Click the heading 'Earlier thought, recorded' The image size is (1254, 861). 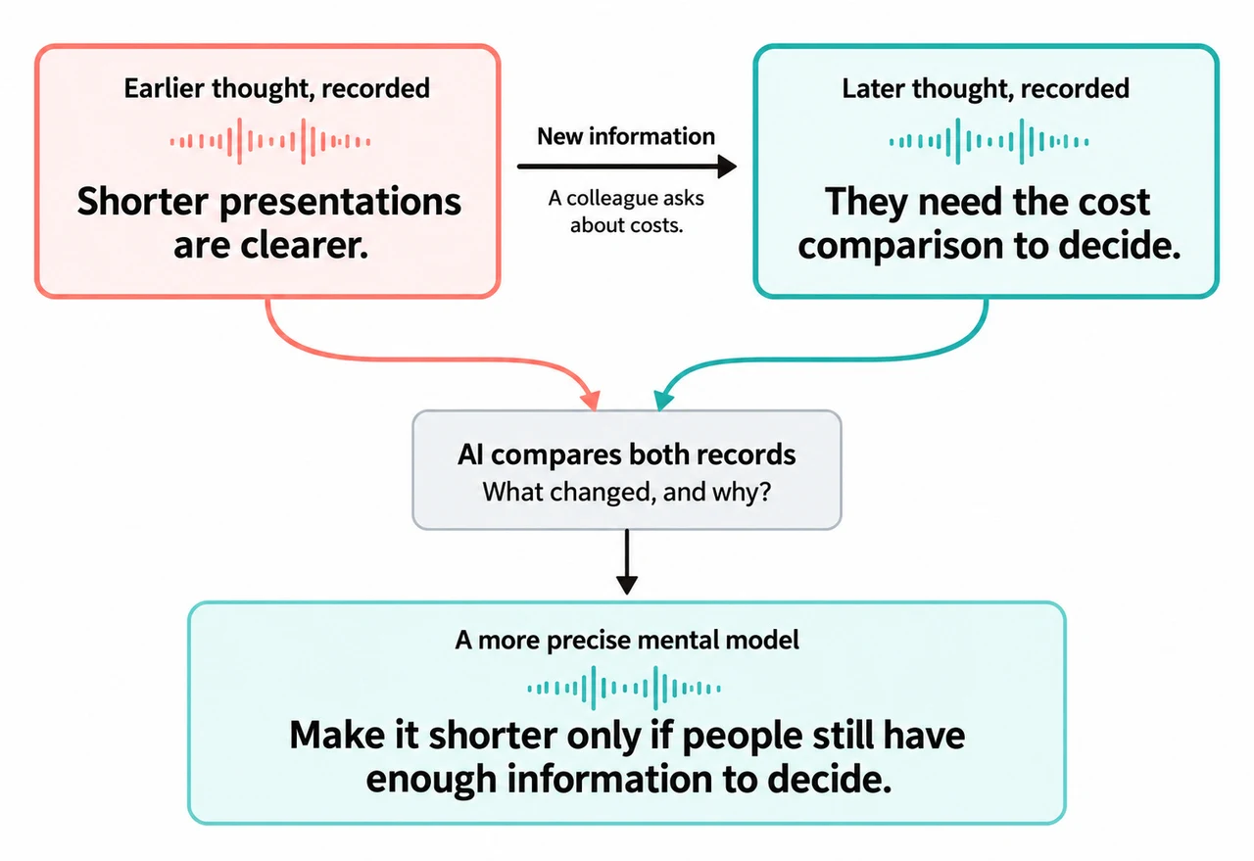pyautogui.click(x=277, y=89)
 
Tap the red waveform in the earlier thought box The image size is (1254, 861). pyautogui.click(x=270, y=141)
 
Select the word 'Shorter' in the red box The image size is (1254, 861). pyautogui.click(x=143, y=202)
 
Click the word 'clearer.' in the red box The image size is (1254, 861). pyautogui.click(x=305, y=245)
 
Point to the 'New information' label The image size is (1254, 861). pyautogui.click(x=626, y=136)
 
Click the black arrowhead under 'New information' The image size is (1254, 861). pyautogui.click(x=727, y=167)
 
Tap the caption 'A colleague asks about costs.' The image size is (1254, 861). pyautogui.click(x=626, y=212)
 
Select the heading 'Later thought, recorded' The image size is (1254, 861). pyautogui.click(x=986, y=89)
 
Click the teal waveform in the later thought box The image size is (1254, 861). pyautogui.click(x=989, y=141)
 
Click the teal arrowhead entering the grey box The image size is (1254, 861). pyautogui.click(x=664, y=400)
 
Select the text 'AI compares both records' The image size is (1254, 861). pyautogui.click(x=626, y=454)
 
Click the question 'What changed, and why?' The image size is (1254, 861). pyautogui.click(x=626, y=492)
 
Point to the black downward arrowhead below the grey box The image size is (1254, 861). pyautogui.click(x=626, y=585)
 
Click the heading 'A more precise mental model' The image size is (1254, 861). pyautogui.click(x=627, y=640)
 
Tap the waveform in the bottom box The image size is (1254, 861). pyautogui.click(x=624, y=688)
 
